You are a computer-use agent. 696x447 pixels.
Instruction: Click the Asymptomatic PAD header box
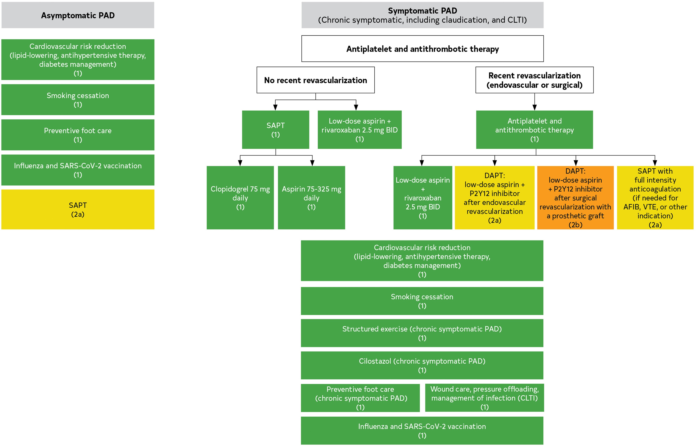pos(78,15)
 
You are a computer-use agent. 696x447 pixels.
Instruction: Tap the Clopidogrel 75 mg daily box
pos(240,198)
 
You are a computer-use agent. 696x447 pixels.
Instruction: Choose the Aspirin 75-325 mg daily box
pos(311,198)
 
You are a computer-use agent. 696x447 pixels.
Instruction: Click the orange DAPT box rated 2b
pos(575,198)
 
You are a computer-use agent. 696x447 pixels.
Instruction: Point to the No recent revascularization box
pos(316,80)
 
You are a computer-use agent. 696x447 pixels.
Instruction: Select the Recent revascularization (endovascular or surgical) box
pos(534,80)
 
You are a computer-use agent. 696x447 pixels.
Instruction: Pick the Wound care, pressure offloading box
pos(484,398)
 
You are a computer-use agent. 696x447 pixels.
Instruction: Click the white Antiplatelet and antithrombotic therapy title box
pos(422,49)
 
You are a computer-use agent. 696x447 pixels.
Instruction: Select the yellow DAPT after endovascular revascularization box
pos(495,198)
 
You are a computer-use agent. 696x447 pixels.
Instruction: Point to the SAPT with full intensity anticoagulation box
pos(655,198)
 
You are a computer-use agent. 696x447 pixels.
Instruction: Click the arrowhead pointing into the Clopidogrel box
pos(240,163)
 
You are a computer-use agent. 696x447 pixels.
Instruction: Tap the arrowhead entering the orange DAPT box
pos(576,163)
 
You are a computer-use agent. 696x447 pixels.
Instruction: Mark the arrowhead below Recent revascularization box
pos(534,107)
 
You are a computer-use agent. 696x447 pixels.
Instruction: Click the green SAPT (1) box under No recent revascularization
pos(276,130)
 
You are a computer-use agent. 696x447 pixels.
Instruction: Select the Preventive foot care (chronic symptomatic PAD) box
pos(360,398)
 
